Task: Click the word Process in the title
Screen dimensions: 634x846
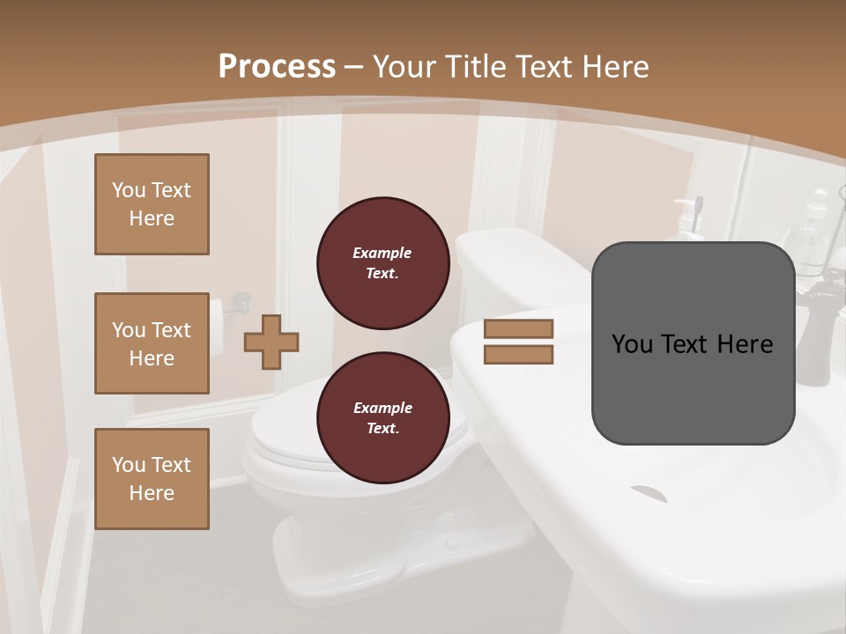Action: (277, 67)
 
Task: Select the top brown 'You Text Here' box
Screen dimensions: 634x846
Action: (152, 204)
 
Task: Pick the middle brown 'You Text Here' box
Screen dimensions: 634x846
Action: (152, 343)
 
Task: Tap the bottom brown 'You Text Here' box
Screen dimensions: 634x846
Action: (152, 478)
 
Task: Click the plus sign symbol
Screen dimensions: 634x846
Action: (271, 342)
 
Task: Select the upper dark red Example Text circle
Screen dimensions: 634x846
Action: (382, 263)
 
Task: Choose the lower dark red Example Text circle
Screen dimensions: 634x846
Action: (382, 418)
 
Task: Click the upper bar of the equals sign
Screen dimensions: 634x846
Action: (518, 328)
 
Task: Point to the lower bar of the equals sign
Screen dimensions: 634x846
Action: (518, 354)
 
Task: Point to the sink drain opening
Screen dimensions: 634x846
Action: (648, 493)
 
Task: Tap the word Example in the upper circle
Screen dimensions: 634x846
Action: (382, 254)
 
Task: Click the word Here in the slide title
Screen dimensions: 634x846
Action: (612, 67)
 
